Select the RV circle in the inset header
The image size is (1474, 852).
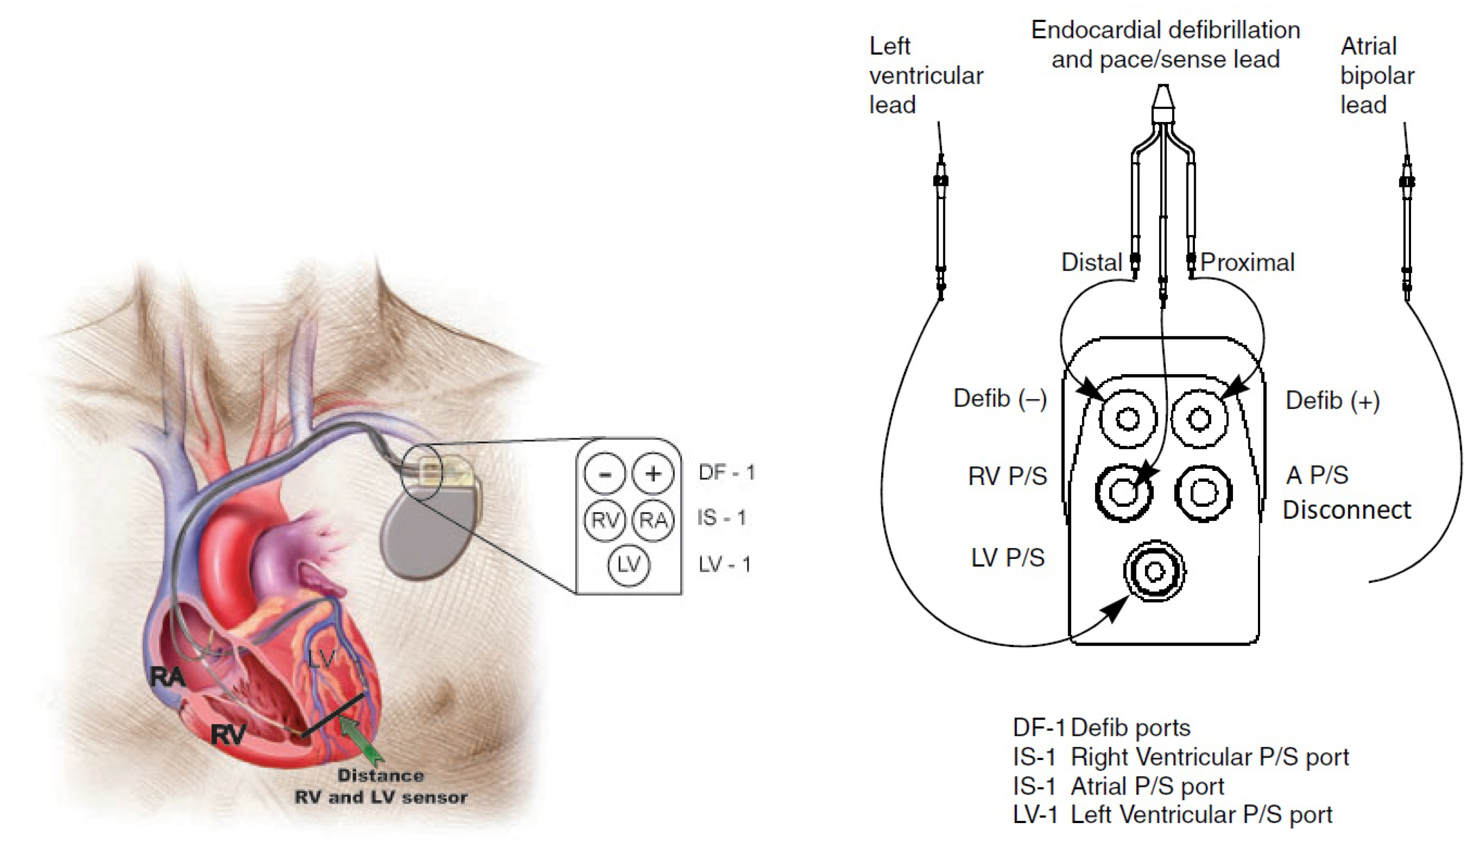click(x=605, y=519)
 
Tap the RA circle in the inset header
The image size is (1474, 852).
click(x=653, y=519)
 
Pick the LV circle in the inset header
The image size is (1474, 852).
click(x=628, y=565)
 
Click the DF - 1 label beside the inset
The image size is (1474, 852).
click(x=726, y=472)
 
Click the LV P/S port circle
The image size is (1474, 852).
click(x=1154, y=571)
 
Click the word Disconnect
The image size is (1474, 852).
click(x=1346, y=510)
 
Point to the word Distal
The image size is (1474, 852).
click(x=1091, y=262)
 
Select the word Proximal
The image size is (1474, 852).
click(x=1247, y=262)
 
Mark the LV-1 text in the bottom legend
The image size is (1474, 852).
click(x=1035, y=814)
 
